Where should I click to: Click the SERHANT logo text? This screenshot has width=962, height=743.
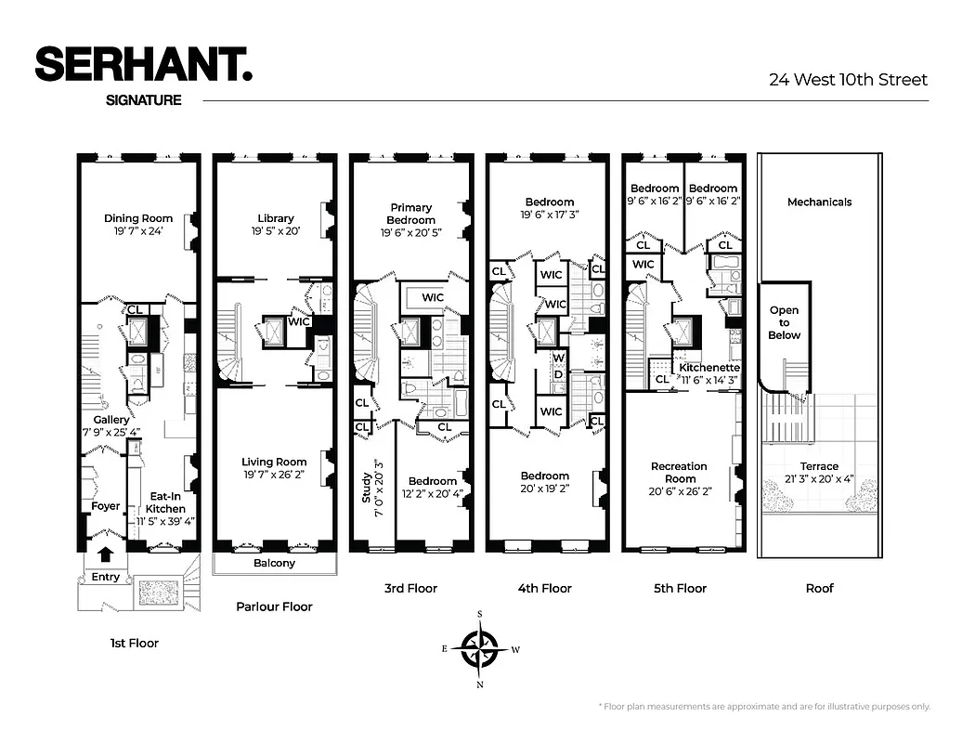click(x=143, y=65)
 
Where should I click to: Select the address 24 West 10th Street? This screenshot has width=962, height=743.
click(x=848, y=80)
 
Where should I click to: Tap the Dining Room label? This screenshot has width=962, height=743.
click(x=138, y=219)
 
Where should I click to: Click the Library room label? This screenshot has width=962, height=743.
click(x=275, y=219)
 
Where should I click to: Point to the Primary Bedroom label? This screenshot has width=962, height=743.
click(x=411, y=214)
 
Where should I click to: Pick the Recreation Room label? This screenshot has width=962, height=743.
click(x=680, y=473)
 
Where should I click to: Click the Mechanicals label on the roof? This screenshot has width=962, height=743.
click(x=819, y=202)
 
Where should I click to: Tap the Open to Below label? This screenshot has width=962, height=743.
click(x=784, y=323)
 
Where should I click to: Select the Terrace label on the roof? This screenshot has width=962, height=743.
click(x=819, y=466)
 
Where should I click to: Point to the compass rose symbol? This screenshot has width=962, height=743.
click(x=480, y=648)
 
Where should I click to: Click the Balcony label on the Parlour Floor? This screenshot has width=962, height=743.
click(x=274, y=563)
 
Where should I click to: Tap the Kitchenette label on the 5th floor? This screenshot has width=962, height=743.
click(x=708, y=368)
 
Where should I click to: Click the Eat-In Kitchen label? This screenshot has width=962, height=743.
click(x=166, y=502)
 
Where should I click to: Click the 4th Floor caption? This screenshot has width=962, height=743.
click(x=544, y=588)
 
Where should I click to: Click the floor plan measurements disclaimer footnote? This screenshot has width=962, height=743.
click(x=763, y=707)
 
